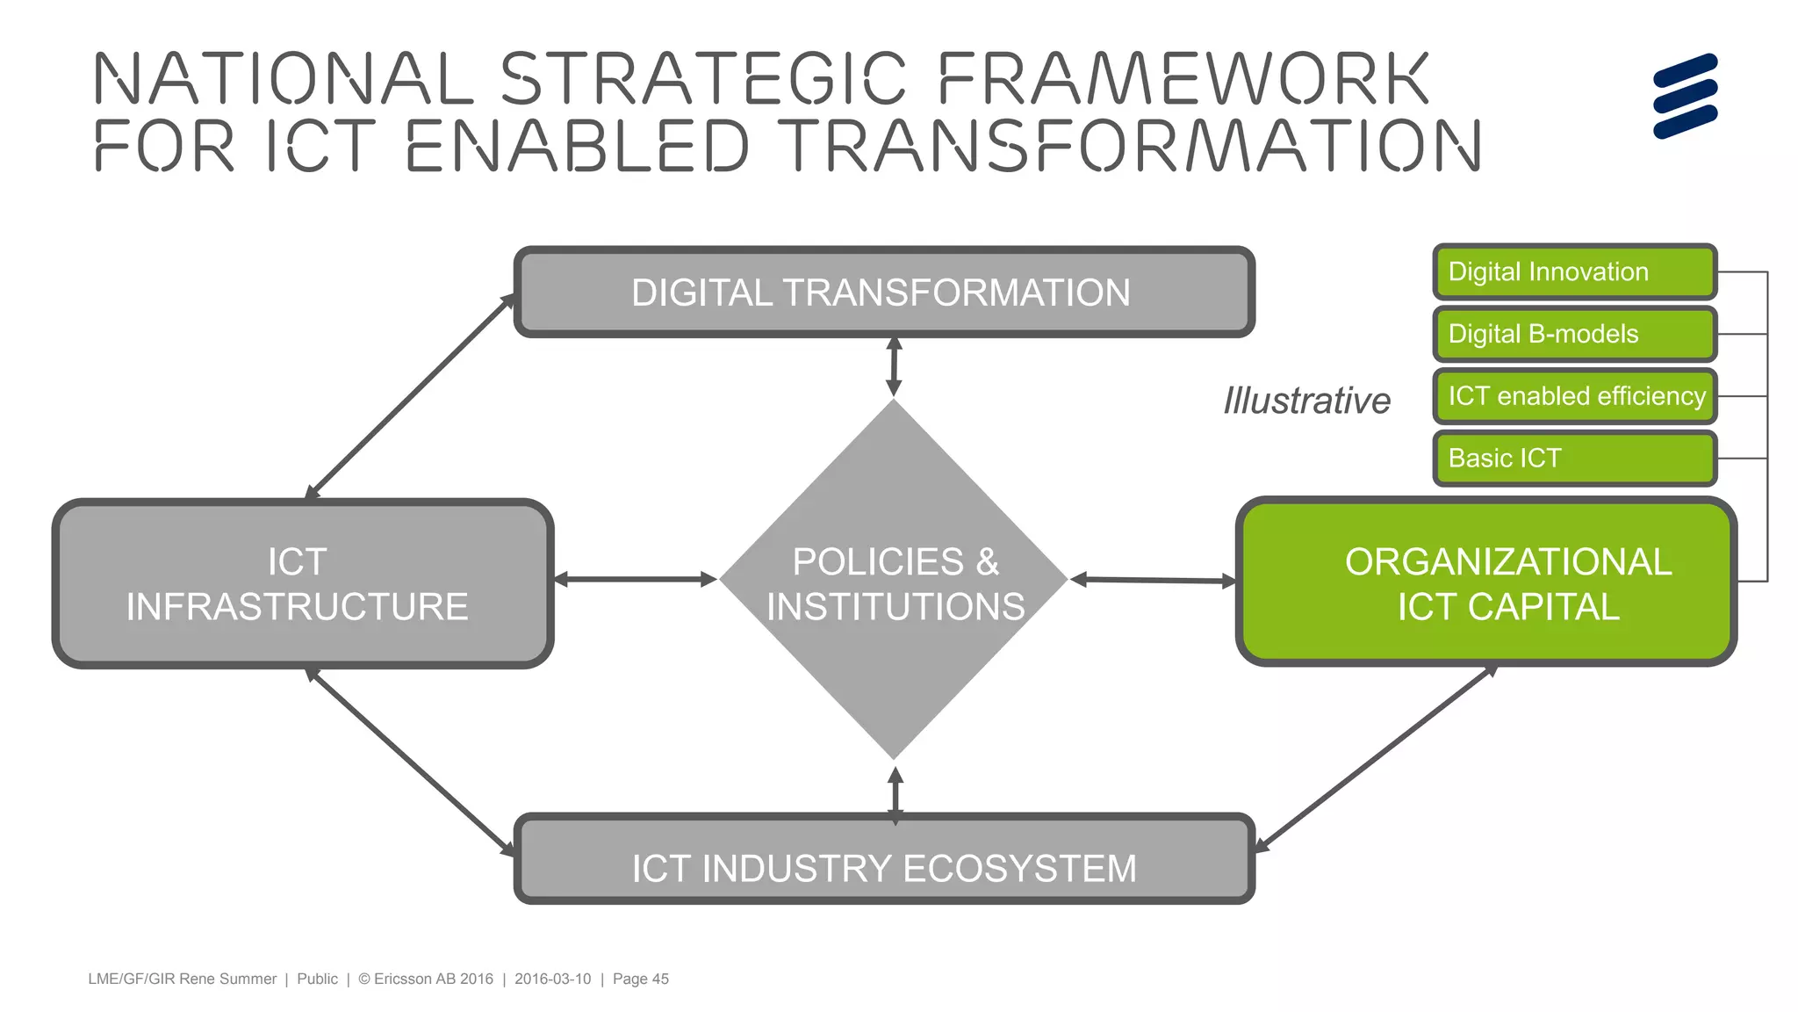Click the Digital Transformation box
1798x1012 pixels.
pyautogui.click(x=883, y=293)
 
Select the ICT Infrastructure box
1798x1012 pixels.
pyautogui.click(x=302, y=583)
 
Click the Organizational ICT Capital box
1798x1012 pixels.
pyautogui.click(x=1485, y=583)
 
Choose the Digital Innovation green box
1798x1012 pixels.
pyautogui.click(x=1573, y=272)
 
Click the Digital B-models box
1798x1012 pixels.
pyautogui.click(x=1573, y=335)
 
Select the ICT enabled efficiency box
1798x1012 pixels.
pyautogui.click(x=1573, y=396)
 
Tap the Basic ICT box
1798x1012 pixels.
pyautogui.click(x=1573, y=459)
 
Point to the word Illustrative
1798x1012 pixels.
pyautogui.click(x=1306, y=401)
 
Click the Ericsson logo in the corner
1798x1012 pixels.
pyautogui.click(x=1684, y=96)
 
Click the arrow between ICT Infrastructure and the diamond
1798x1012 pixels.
pyautogui.click(x=636, y=579)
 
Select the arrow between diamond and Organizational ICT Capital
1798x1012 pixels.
pyautogui.click(x=1153, y=580)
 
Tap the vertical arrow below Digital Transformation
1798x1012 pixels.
pyautogui.click(x=894, y=367)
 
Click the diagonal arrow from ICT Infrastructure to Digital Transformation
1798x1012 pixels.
pyautogui.click(x=410, y=396)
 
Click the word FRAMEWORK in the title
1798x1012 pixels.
pyautogui.click(x=1183, y=79)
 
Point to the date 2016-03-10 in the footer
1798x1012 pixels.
pyautogui.click(x=552, y=979)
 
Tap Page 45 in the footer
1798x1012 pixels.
pyautogui.click(x=640, y=979)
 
